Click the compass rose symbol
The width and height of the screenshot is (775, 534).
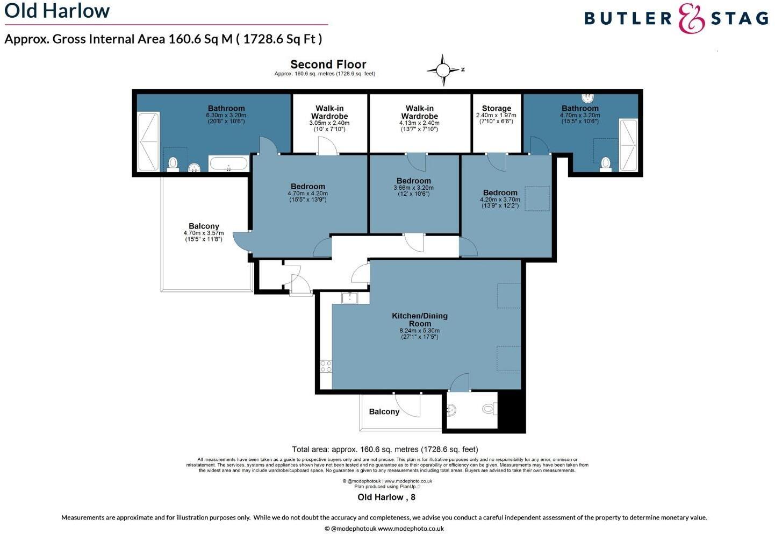click(443, 70)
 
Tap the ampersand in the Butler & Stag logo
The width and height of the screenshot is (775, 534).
click(691, 18)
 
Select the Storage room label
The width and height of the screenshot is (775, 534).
click(496, 109)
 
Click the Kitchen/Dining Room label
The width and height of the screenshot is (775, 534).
click(419, 319)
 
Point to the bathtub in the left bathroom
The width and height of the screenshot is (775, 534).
click(228, 163)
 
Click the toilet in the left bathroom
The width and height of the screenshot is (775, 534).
click(173, 163)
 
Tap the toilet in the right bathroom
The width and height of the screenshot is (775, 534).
click(606, 162)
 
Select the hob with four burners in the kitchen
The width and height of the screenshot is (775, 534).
click(326, 366)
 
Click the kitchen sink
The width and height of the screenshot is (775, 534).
click(350, 297)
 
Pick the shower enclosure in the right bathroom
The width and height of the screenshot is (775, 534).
click(628, 145)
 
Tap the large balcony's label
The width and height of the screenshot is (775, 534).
click(204, 226)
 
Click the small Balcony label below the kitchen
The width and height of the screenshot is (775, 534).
click(384, 411)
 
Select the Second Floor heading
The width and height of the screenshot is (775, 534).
click(328, 65)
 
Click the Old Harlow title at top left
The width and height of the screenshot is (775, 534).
click(57, 11)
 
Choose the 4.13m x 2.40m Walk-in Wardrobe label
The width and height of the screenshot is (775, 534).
click(419, 112)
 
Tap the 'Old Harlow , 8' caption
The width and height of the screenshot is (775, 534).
click(386, 497)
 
